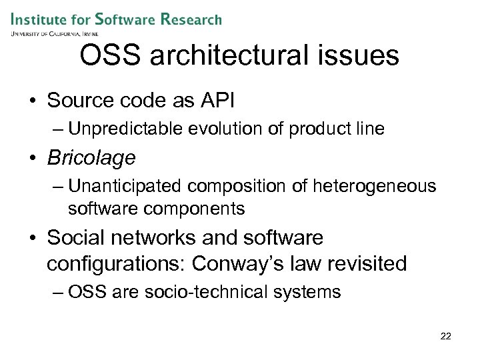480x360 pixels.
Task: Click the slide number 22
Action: point(446,336)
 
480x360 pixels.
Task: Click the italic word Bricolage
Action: point(91,158)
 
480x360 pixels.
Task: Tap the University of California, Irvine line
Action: point(54,33)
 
